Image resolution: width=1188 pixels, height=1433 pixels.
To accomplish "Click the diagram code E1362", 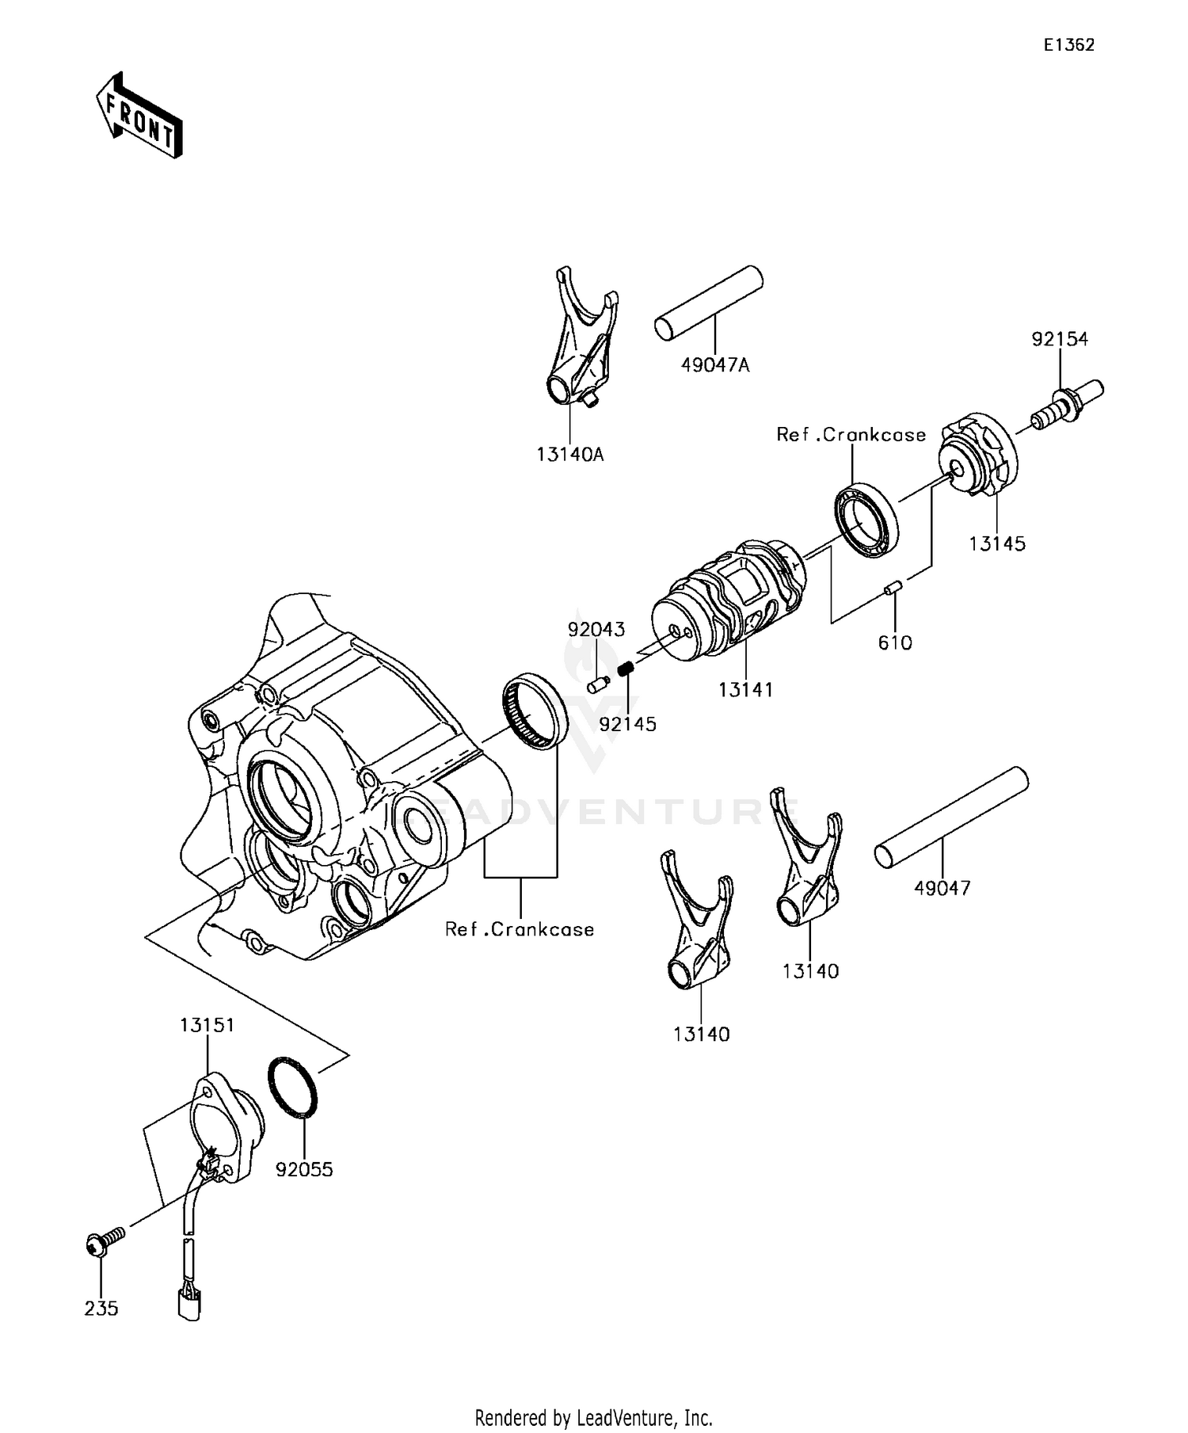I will (x=1068, y=45).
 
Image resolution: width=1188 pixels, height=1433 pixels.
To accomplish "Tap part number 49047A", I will (x=714, y=365).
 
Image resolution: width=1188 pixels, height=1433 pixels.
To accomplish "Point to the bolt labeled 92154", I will (x=1068, y=405).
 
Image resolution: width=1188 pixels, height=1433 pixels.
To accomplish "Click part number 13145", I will (x=997, y=543).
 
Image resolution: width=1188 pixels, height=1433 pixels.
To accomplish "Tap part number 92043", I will (x=596, y=630).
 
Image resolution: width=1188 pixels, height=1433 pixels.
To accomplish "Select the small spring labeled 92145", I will (x=626, y=671).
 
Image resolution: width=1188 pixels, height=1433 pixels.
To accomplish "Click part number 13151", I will (x=207, y=1025).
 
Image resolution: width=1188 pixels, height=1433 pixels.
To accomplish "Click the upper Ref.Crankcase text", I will (x=851, y=435).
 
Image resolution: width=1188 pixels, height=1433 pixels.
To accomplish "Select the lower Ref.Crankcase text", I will (x=520, y=929).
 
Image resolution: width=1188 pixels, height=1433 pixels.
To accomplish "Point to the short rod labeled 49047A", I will (x=708, y=303).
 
